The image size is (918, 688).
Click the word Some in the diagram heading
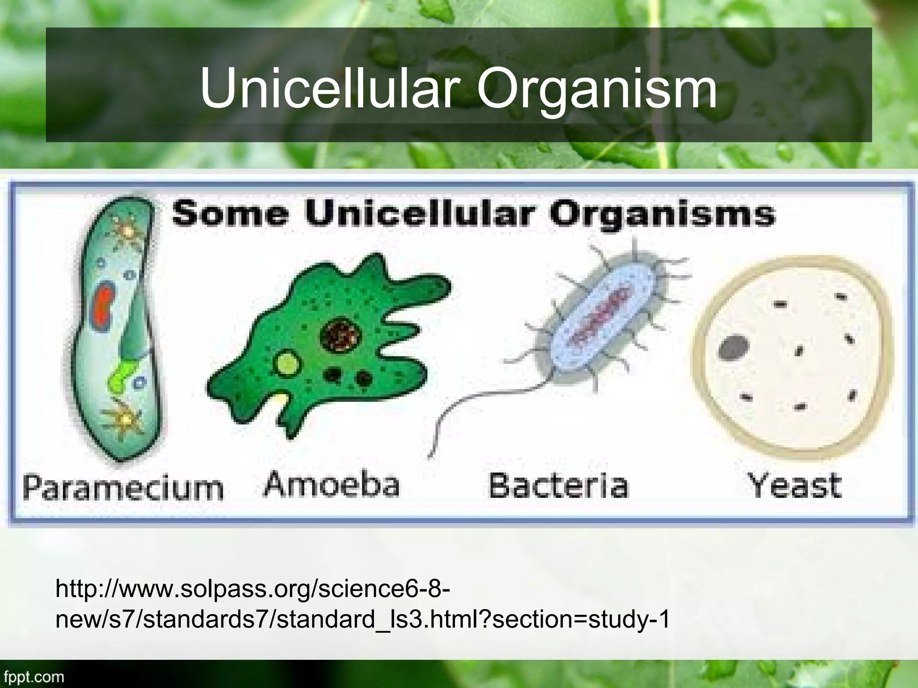(x=229, y=214)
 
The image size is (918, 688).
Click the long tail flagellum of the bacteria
(x=475, y=405)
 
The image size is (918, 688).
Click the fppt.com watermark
(x=32, y=677)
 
